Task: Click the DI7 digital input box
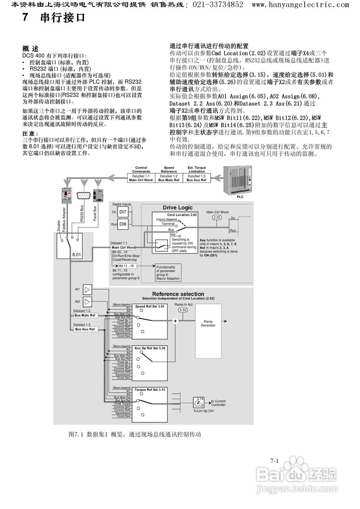tap(123, 212)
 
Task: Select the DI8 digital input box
tap(123, 224)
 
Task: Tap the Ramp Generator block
tap(208, 323)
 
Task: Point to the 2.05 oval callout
tap(217, 218)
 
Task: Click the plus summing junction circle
tap(175, 321)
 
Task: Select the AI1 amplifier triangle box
tap(87, 289)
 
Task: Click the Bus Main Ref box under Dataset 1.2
tap(85, 315)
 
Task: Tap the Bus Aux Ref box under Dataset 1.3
tap(85, 329)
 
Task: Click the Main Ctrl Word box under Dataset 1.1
tap(123, 247)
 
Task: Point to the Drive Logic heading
tap(177, 208)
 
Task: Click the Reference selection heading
tap(178, 294)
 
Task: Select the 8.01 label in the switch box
tap(76, 254)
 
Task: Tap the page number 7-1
tap(274, 461)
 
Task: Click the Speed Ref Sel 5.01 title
tap(149, 307)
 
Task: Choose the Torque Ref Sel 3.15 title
tap(149, 390)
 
